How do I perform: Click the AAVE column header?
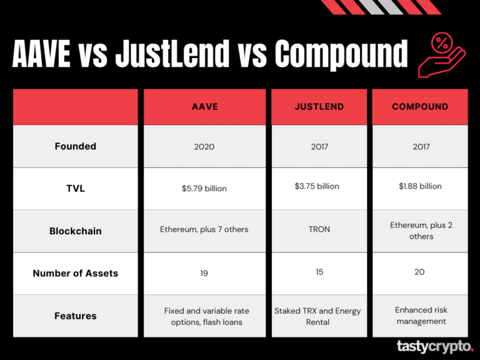click(x=204, y=107)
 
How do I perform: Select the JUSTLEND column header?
click(x=319, y=107)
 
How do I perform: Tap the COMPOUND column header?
click(x=420, y=107)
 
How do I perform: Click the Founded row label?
click(x=75, y=146)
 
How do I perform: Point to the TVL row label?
click(x=75, y=188)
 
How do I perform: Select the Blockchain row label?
click(x=75, y=231)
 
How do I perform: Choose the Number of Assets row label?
click(x=75, y=273)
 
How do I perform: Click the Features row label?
click(x=75, y=316)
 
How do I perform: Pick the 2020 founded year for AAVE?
click(x=204, y=147)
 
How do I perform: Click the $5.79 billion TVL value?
click(x=204, y=189)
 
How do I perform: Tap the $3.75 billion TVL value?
click(x=317, y=186)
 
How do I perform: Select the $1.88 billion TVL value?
click(x=420, y=186)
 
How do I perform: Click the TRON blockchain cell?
click(x=319, y=229)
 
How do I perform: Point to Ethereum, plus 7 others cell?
click(x=204, y=229)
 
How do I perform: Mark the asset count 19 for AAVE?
click(x=204, y=273)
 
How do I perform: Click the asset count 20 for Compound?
click(x=419, y=272)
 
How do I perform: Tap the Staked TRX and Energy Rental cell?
click(x=318, y=316)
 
